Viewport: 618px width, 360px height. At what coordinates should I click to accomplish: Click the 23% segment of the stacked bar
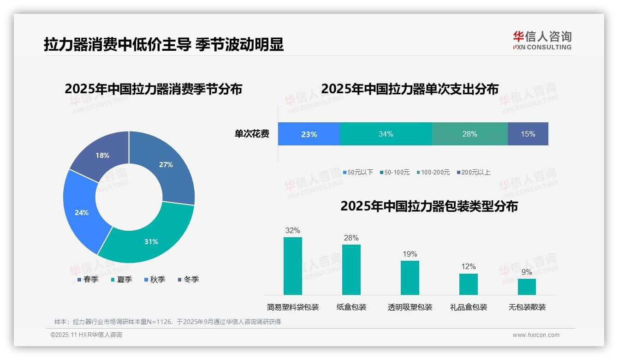tap(309, 134)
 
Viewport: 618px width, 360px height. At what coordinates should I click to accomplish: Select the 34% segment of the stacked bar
tap(386, 134)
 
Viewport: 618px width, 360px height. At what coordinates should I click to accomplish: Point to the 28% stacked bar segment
tap(469, 134)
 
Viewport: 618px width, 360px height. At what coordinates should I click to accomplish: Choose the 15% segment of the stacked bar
tap(528, 134)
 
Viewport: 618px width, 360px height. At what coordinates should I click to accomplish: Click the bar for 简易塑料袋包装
tap(292, 266)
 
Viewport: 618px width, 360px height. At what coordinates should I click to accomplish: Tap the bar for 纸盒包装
tap(351, 270)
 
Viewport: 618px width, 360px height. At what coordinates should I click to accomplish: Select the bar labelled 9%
tap(527, 287)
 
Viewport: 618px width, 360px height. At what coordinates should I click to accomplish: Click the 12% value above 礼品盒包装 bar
tap(468, 267)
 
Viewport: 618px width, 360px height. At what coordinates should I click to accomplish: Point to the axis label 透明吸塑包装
tap(410, 307)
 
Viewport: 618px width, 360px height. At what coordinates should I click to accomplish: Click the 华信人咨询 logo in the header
tap(542, 40)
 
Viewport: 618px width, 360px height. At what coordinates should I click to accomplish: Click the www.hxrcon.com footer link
tap(536, 335)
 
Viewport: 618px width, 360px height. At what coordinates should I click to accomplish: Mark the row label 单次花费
tap(252, 134)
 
